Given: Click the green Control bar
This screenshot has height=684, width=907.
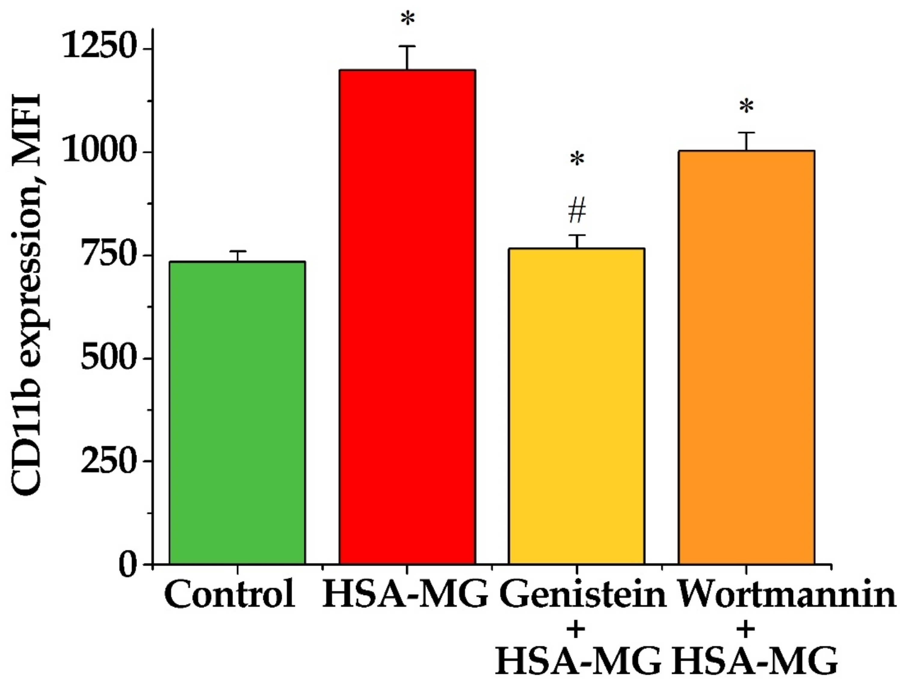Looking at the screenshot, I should pos(237,412).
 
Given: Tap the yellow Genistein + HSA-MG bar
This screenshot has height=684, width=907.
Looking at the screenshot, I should pos(576,406).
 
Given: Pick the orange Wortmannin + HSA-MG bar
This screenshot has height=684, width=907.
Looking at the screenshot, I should pos(746,357).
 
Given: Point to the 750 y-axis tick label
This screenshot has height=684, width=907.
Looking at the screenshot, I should pos(111,255).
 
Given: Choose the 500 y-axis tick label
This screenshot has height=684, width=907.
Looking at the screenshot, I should pos(111,358).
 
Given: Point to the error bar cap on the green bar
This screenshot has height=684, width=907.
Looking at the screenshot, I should pos(237,251).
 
